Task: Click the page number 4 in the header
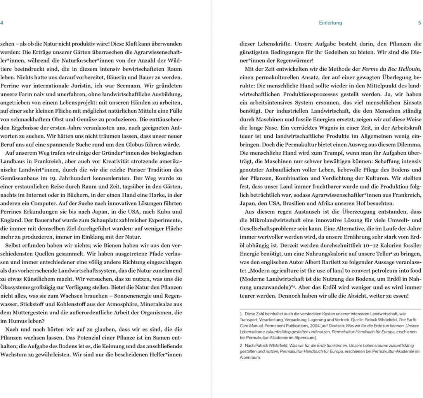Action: pos(2,23)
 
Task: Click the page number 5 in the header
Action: pos(420,23)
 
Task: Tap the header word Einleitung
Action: pos(330,23)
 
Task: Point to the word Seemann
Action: pos(129,86)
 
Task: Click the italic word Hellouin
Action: pos(407,69)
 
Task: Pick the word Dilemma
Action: pos(410,145)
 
